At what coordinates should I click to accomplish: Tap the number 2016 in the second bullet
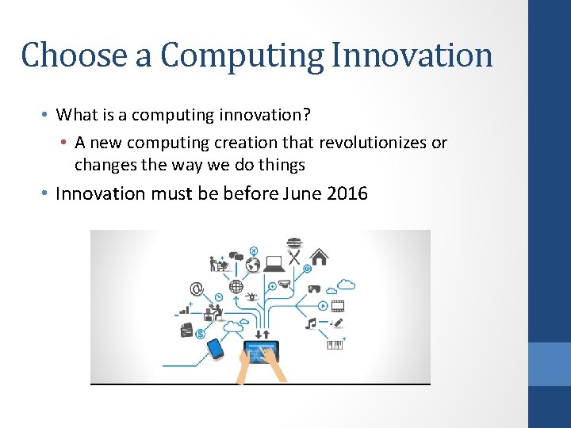pos(347,193)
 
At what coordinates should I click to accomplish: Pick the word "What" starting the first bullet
pos(76,115)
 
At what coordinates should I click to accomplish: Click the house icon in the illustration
pos(320,257)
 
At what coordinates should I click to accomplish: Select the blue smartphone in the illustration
pos(215,348)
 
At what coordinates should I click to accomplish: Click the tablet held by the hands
pos(261,351)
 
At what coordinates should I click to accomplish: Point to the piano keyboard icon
pos(335,345)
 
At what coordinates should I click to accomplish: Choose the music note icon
pos(311,323)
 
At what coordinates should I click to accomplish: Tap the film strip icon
pos(339,305)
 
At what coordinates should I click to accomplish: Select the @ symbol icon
pos(195,289)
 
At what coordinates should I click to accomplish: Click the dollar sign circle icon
pos(253,265)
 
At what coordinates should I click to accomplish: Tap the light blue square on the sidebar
pos(550,364)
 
